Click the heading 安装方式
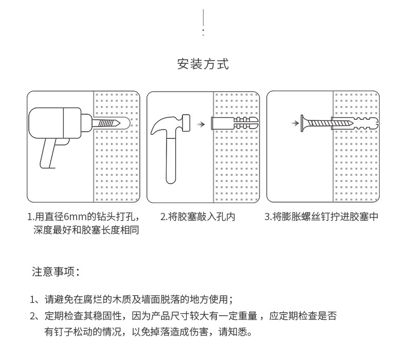coord(202,64)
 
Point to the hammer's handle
coord(171,159)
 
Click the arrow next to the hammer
coord(202,124)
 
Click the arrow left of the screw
coord(293,123)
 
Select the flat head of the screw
coord(304,123)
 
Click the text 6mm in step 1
coord(72,217)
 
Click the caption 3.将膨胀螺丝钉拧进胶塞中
coord(321,217)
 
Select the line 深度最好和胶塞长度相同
coord(86,230)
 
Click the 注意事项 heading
coord(56,272)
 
